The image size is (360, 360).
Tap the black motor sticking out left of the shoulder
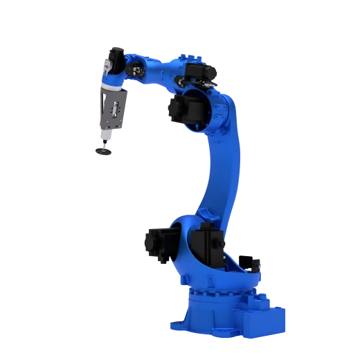(156, 242)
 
